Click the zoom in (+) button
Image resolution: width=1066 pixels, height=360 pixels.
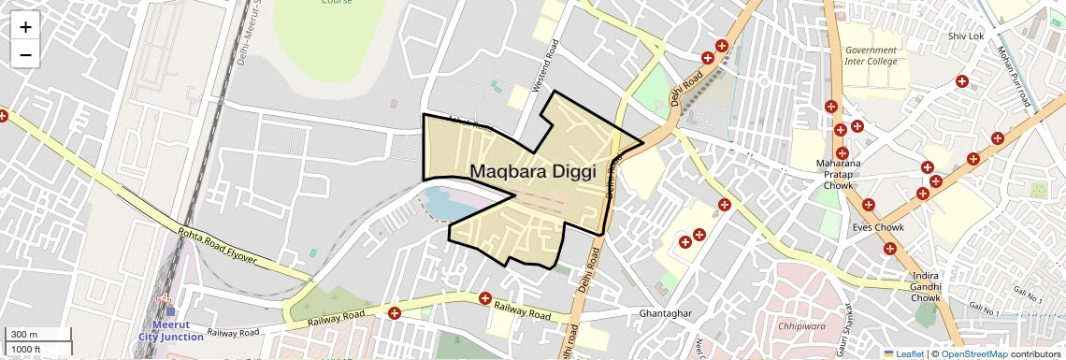tap(25, 27)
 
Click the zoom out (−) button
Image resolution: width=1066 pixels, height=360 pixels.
tap(25, 55)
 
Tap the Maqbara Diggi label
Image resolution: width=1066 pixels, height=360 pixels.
tap(532, 171)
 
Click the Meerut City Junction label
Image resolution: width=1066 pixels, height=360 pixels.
tap(170, 330)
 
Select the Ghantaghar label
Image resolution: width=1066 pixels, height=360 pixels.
tap(664, 312)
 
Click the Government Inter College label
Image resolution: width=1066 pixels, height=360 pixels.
tap(871, 56)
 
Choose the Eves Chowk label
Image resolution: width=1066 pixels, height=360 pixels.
tap(878, 227)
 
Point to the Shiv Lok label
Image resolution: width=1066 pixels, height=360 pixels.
tap(966, 36)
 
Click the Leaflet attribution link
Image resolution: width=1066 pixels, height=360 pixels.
tap(903, 353)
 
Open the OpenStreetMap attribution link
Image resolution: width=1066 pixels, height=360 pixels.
tap(973, 353)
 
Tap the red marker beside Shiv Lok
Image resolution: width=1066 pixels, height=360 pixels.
tap(961, 81)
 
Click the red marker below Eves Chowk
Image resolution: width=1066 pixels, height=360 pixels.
tap(889, 249)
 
